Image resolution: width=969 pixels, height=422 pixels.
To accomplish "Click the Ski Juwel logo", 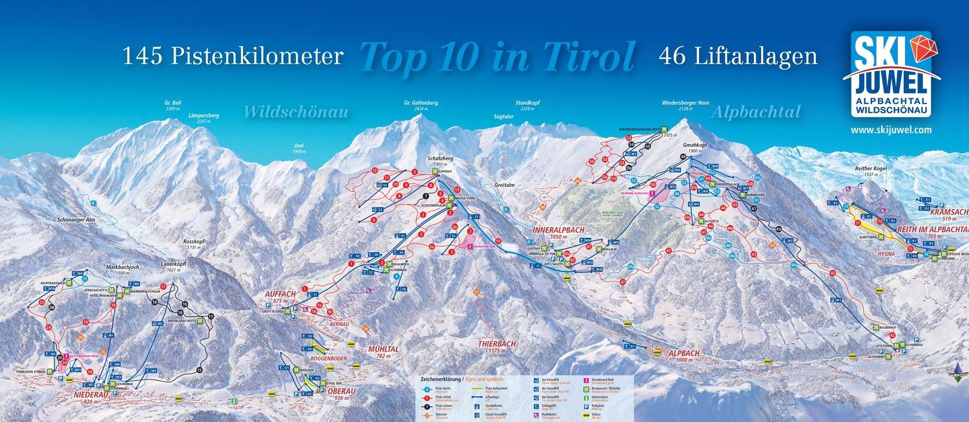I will click(x=891, y=74).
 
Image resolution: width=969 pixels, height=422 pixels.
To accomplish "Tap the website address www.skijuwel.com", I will click(x=891, y=130).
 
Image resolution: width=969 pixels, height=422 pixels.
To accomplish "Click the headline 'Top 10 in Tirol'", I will click(x=497, y=57).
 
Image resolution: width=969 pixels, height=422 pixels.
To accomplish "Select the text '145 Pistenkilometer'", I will click(x=233, y=57).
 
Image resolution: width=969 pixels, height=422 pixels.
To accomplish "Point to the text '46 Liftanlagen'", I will click(x=738, y=57).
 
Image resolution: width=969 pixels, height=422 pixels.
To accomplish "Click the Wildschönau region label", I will click(x=296, y=112).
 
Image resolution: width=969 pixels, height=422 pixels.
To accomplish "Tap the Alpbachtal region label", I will click(x=756, y=112).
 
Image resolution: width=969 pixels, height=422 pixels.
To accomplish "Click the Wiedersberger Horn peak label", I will click(x=686, y=102).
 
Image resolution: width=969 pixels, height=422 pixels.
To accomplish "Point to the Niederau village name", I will click(x=83, y=394).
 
